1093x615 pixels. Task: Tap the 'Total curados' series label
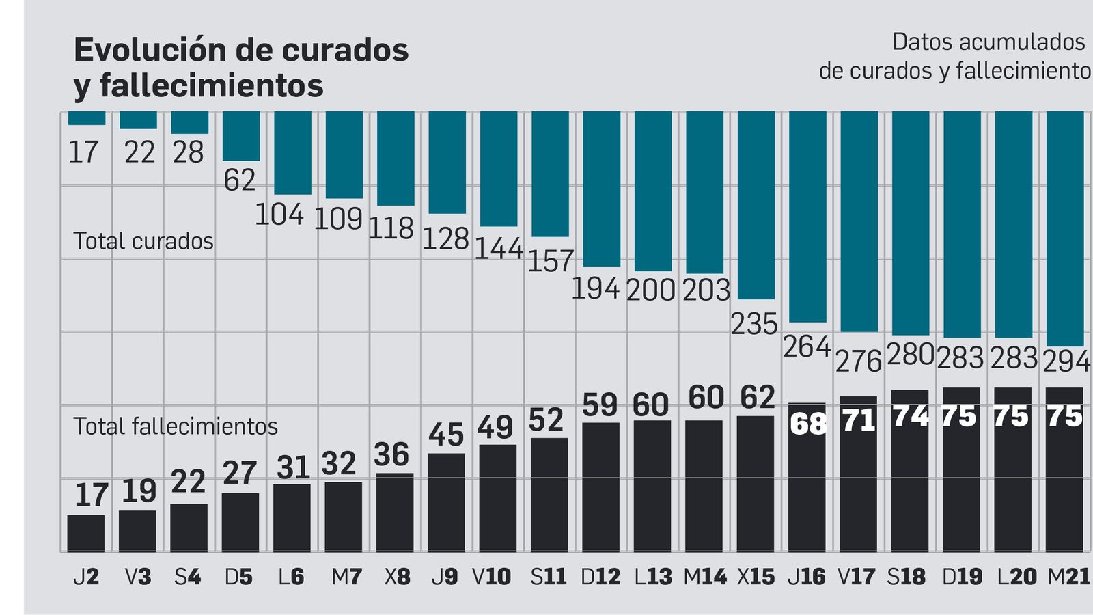[x=143, y=241]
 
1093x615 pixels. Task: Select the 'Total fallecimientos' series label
[x=176, y=426]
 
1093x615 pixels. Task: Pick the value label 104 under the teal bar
[x=279, y=215]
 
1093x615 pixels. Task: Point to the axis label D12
[x=600, y=577]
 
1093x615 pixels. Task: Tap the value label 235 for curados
[x=754, y=324]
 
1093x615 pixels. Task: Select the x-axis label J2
[x=86, y=577]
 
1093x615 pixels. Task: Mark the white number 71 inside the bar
[x=859, y=420]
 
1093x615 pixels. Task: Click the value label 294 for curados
[x=1066, y=361]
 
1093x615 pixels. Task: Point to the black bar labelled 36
[x=395, y=512]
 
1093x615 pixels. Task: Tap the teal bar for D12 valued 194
[x=601, y=189]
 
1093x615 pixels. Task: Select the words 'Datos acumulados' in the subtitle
[x=988, y=42]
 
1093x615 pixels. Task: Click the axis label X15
[x=756, y=577]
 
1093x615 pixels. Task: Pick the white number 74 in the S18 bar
[x=911, y=416]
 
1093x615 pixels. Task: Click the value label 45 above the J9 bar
[x=446, y=435]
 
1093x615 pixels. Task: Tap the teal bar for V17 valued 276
[x=859, y=221]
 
